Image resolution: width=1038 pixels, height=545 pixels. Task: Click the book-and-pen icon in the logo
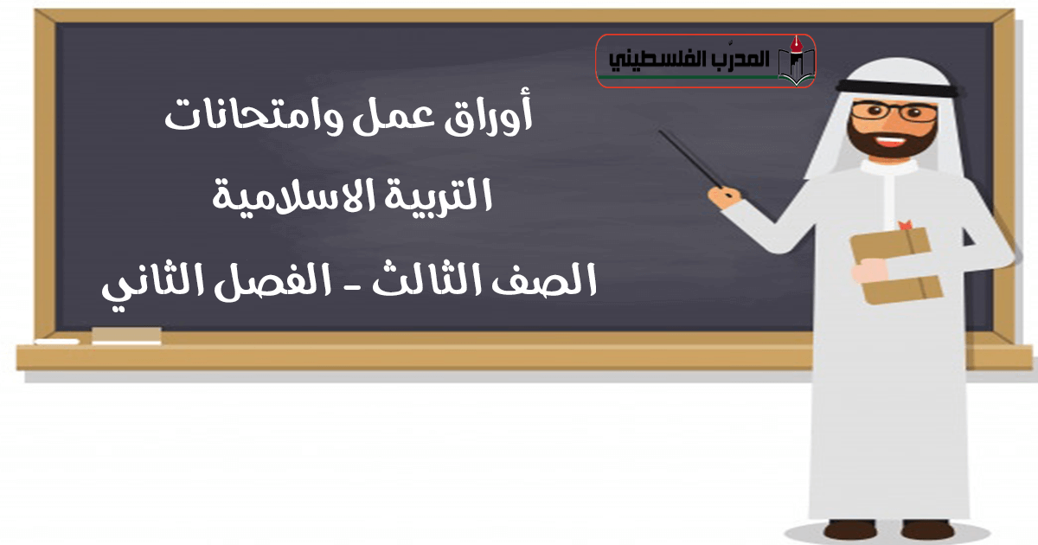point(796,61)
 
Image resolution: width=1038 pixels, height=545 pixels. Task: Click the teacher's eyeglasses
point(894,112)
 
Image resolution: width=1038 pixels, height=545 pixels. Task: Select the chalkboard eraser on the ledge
point(126,336)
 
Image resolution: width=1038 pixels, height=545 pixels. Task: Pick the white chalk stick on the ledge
point(57,342)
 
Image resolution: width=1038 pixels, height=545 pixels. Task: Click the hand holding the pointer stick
point(725,197)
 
